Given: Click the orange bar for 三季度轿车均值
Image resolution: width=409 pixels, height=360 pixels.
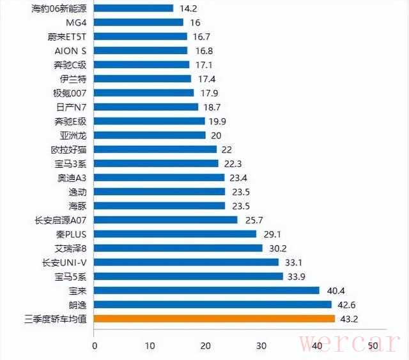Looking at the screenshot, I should tap(214, 319).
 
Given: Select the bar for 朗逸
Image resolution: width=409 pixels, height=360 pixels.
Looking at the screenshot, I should tap(213, 304).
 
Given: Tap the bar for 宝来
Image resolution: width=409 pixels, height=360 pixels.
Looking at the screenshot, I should tap(207, 290).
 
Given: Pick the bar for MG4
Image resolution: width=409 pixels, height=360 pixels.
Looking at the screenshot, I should tap(139, 22).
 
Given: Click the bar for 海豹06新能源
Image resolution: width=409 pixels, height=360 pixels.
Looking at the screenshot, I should tap(134, 8).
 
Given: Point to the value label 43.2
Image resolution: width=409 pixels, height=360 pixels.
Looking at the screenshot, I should tap(349, 319).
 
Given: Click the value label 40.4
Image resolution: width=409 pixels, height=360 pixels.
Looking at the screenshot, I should tap(334, 290).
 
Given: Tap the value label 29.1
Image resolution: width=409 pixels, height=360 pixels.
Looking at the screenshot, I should tap(270, 234).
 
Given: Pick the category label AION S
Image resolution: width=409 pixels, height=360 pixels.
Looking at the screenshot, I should tap(70, 50).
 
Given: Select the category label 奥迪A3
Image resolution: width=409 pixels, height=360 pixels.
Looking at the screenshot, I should tap(72, 177).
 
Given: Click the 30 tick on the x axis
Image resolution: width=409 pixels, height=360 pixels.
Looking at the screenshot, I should tap(261, 346).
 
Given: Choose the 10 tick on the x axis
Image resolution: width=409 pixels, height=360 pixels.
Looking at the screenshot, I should tap(150, 346).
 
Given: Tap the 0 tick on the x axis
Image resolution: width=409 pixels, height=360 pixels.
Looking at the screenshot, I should tap(95, 346).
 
